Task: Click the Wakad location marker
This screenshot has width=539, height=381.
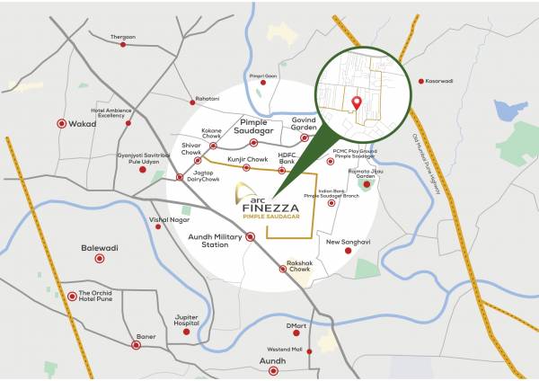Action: (61, 124)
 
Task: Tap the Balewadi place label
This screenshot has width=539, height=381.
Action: (100, 247)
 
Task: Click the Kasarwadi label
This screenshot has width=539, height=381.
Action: (446, 81)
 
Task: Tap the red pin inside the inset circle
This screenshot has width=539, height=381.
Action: (357, 102)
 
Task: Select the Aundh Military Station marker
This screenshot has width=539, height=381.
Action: (250, 236)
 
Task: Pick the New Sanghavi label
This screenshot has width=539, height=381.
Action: (348, 242)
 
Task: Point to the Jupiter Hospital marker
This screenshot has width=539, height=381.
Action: (187, 332)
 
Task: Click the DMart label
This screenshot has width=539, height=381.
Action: (296, 325)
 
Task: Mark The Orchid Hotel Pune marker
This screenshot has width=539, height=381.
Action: (72, 296)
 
